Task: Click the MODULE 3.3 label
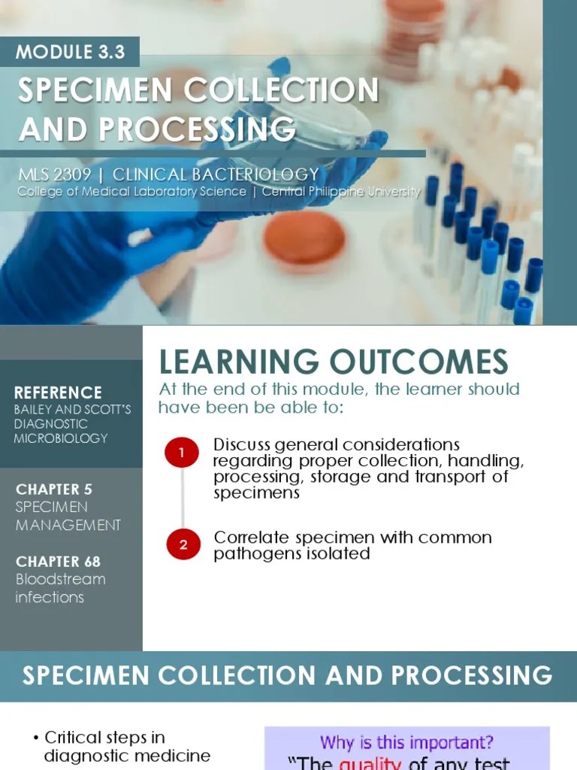[x=71, y=52]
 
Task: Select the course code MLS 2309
[x=55, y=175]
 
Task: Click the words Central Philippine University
[x=341, y=192]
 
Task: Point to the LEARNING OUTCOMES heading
[x=334, y=362]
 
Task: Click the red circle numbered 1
[x=181, y=452]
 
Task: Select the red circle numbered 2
[x=183, y=544]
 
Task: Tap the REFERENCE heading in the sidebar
[x=58, y=393]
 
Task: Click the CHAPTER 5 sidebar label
[x=54, y=489]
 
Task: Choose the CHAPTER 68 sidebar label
[x=58, y=561]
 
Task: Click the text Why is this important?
[x=406, y=742]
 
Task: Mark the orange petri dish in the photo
[x=304, y=240]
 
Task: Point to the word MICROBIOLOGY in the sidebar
[x=60, y=438]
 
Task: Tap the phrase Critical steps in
[x=104, y=737]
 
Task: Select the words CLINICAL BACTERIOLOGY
[x=216, y=175]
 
